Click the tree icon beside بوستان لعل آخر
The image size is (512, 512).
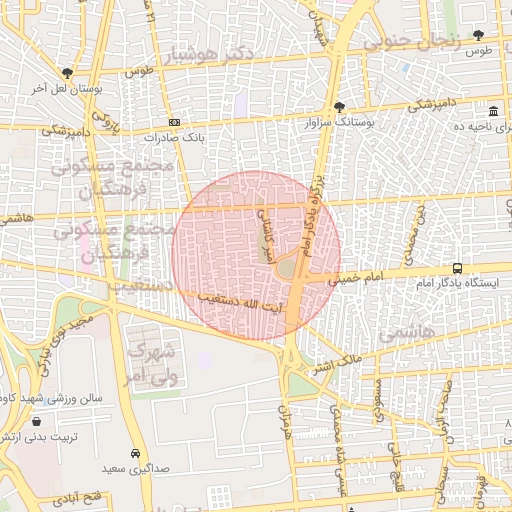[67, 73]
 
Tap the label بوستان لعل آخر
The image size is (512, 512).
[67, 89]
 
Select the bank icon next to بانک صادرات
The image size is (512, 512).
[175, 122]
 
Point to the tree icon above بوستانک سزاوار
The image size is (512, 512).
[339, 106]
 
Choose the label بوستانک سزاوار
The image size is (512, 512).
[341, 122]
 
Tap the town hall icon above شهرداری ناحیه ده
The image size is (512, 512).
[493, 111]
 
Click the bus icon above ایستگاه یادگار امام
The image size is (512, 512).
[457, 268]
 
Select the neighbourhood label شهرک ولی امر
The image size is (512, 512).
[150, 363]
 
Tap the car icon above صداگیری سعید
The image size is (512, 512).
[135, 452]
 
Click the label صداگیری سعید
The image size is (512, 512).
[135, 467]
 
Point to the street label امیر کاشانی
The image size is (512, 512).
[265, 228]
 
